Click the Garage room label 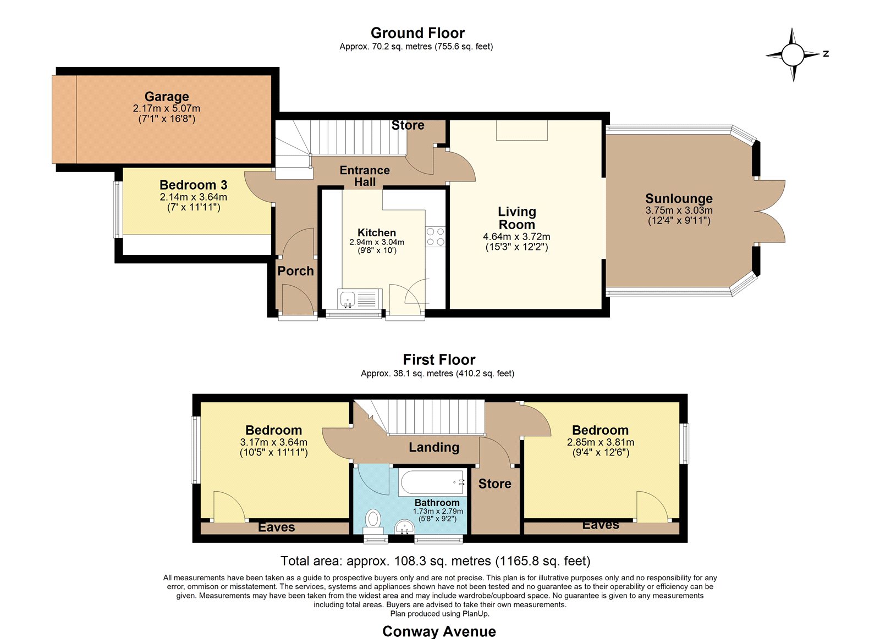(167, 97)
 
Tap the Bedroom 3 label (193, 185)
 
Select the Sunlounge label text (679, 198)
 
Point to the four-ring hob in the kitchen (435, 236)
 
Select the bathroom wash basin (404, 527)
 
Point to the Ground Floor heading (417, 33)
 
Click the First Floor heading (439, 359)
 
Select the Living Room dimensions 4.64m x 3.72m (516, 237)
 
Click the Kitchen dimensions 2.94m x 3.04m (377, 242)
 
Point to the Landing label (434, 447)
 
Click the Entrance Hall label (365, 176)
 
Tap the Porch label (295, 271)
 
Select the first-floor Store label (494, 484)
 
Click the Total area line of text (435, 561)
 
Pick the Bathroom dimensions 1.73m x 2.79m (438, 512)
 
